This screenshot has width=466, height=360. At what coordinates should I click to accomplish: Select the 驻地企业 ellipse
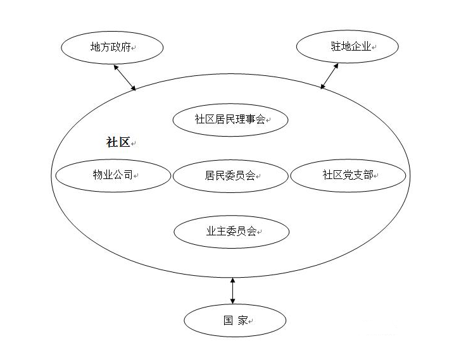pyautogui.click(x=348, y=47)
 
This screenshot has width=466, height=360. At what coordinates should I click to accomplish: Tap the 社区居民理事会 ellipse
pyautogui.click(x=230, y=120)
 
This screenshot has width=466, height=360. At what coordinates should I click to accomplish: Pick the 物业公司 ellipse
pyautogui.click(x=113, y=175)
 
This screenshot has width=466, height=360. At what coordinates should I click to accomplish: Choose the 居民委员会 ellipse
pyautogui.click(x=230, y=175)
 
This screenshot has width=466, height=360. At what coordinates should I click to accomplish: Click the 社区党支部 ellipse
pyautogui.click(x=348, y=175)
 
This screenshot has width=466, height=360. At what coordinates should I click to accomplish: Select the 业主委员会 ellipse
pyautogui.click(x=230, y=232)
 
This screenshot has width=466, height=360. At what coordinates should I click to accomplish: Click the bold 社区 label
pyautogui.click(x=118, y=142)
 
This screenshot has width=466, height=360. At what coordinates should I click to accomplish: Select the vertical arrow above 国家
pyautogui.click(x=232, y=289)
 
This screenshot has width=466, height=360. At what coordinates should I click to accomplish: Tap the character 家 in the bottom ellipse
pyautogui.click(x=242, y=321)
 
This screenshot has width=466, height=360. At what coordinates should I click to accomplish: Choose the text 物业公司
pyautogui.click(x=111, y=175)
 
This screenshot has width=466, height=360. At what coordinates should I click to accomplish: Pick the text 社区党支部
pyautogui.click(x=345, y=175)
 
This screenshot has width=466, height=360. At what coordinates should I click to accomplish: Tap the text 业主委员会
pyautogui.click(x=230, y=232)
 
